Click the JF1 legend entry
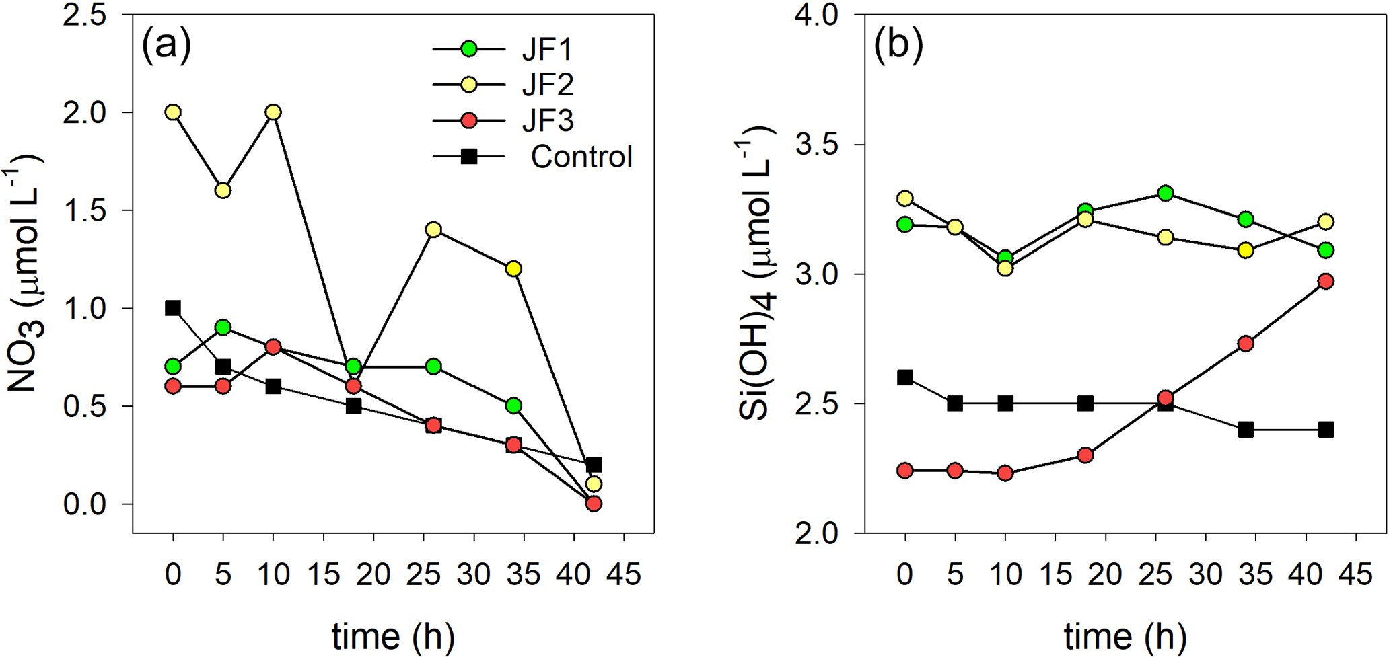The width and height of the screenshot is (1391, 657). click(x=546, y=49)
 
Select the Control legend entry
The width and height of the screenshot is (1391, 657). click(x=581, y=157)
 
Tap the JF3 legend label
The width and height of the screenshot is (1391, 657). click(x=547, y=121)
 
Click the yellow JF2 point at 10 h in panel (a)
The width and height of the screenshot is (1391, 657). click(x=273, y=112)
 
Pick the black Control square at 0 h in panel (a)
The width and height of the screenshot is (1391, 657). click(x=173, y=308)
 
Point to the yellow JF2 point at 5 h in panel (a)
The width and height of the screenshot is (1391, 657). click(x=223, y=190)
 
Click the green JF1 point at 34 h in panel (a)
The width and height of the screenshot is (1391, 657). click(x=513, y=405)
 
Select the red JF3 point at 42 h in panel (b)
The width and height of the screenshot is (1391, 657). click(x=1326, y=282)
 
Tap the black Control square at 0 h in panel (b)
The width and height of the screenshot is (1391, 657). click(x=905, y=378)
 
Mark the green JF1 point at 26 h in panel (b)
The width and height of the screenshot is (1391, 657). click(x=1166, y=194)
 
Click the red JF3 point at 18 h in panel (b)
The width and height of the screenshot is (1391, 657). click(x=1085, y=455)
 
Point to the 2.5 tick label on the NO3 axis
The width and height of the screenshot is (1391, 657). click(x=85, y=15)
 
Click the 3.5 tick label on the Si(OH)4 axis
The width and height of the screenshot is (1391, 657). click(x=817, y=145)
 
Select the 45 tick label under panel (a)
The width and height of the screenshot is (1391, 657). click(x=624, y=575)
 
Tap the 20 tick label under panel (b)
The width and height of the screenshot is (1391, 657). click(x=1105, y=575)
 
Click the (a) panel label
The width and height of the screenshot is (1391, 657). click(x=166, y=46)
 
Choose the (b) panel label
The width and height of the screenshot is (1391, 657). click(x=898, y=46)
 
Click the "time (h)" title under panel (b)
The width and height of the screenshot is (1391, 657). click(x=1125, y=635)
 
